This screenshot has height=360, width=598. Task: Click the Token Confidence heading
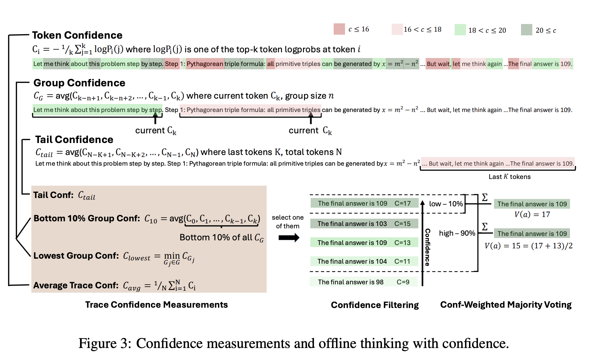[77, 35]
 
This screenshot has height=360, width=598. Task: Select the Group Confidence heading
[79, 83]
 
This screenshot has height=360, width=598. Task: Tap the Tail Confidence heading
[74, 140]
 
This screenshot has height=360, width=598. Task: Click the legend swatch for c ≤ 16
[339, 29]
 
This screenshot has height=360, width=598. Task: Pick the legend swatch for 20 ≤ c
[526, 30]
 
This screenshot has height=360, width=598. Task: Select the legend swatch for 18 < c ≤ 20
[460, 30]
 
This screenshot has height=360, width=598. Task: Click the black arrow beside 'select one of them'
[289, 238]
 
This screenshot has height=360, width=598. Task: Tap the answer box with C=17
[364, 203]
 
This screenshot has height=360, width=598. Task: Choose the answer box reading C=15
[364, 224]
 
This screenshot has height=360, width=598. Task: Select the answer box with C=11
[364, 261]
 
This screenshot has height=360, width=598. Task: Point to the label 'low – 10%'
[446, 204]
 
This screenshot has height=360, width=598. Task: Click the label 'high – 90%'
[457, 233]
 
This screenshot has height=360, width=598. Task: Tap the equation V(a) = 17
[532, 214]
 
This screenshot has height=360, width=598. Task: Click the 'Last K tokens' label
[509, 177]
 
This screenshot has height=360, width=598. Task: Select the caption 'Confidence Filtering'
[375, 305]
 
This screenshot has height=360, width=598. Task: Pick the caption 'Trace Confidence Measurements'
[156, 305]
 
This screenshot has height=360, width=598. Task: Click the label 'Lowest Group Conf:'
[76, 256]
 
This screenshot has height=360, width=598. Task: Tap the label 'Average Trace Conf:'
[76, 285]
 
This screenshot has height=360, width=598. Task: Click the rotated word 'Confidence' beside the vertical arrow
[428, 247]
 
